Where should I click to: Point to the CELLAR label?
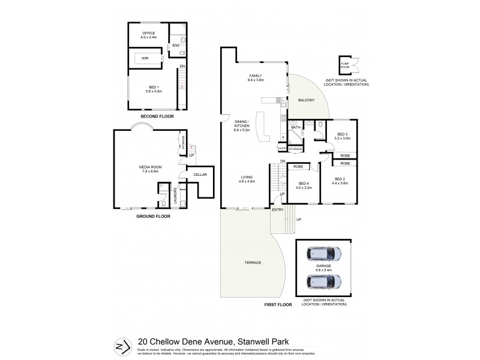pos(200,175)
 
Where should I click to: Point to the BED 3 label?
pos(343,134)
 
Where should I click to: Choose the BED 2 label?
pos(341,179)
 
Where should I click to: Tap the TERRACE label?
pos(252,263)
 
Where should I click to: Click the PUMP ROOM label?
pos(344,65)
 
